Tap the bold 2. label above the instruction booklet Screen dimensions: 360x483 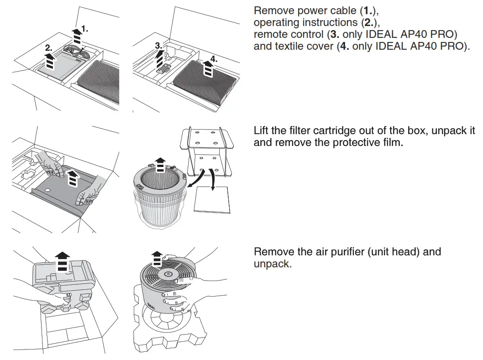(49, 47)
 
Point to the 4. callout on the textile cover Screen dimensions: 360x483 (214, 59)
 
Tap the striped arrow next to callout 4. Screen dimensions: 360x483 (208, 69)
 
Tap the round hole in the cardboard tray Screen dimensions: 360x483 (48, 189)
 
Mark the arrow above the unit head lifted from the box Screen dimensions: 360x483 (62, 261)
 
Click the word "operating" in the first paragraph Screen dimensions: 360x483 (276, 22)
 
